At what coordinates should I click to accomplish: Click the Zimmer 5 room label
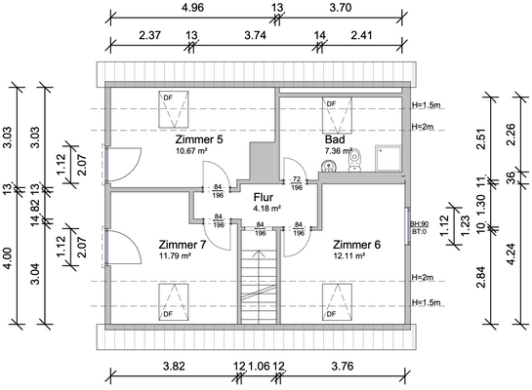tap(199, 139)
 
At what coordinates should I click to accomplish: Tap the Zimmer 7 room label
tap(183, 245)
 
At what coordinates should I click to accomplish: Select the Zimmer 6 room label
tap(356, 245)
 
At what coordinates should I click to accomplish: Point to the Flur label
tap(264, 197)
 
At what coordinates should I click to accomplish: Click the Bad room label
tap(335, 139)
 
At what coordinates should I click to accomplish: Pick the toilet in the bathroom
tap(355, 160)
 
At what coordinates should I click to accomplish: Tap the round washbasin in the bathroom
tap(328, 166)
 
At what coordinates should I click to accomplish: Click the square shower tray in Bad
tap(389, 158)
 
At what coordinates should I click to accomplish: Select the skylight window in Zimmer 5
tap(174, 109)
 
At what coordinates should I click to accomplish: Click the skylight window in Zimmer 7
tap(174, 302)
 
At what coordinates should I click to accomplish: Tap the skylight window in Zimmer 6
tap(337, 302)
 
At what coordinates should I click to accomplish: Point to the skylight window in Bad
tap(337, 115)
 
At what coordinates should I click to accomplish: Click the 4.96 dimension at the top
tap(192, 8)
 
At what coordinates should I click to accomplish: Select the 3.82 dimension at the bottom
tap(174, 367)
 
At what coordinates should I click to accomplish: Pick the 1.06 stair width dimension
tap(259, 367)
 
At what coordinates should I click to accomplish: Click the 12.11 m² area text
tap(349, 255)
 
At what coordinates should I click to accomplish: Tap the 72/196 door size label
tap(297, 183)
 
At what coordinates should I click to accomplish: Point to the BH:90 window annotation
tap(420, 224)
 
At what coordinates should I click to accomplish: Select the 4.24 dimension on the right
tap(512, 254)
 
